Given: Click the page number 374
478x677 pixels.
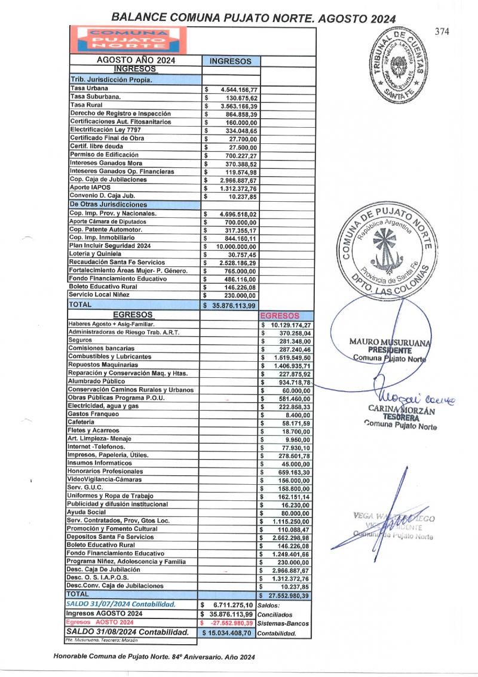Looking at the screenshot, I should click(x=443, y=32).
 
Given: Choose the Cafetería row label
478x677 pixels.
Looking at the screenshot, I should click(x=83, y=422).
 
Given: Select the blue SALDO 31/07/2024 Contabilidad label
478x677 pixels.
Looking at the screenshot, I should click(x=121, y=604).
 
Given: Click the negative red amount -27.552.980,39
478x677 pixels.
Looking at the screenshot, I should click(x=230, y=623).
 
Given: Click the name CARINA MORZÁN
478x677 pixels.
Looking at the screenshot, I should click(x=400, y=409).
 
